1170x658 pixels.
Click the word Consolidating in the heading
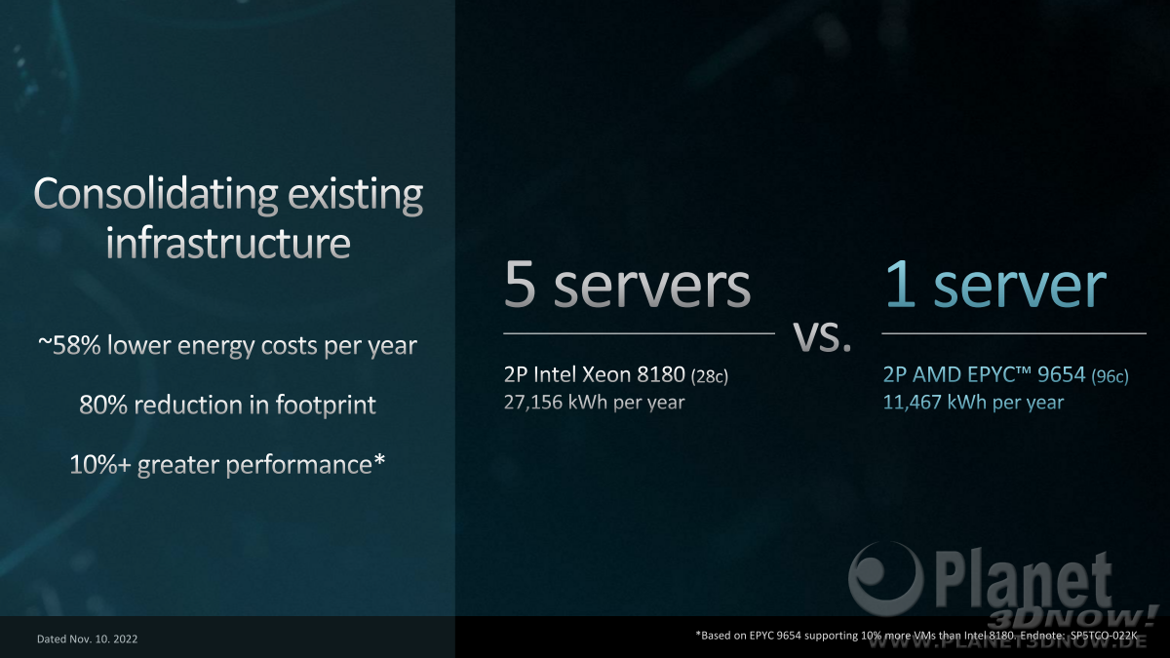coord(155,194)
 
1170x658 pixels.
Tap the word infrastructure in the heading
coord(228,243)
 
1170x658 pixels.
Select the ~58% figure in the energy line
coord(69,345)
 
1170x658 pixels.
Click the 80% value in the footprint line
coord(103,405)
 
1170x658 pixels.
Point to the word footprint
coord(326,406)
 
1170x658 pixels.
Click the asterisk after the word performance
coord(379,459)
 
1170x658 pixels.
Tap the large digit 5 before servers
coord(521,285)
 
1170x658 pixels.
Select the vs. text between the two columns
coord(822,336)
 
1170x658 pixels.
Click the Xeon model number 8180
coord(661,374)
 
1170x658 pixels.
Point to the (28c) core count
coord(710,376)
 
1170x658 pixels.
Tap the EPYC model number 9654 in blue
coord(1061,374)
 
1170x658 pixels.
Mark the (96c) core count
coord(1110,376)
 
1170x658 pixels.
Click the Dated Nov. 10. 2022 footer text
coord(87,639)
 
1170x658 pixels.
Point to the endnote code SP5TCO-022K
coord(1104,636)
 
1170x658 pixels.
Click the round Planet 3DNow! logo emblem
coord(884,578)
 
